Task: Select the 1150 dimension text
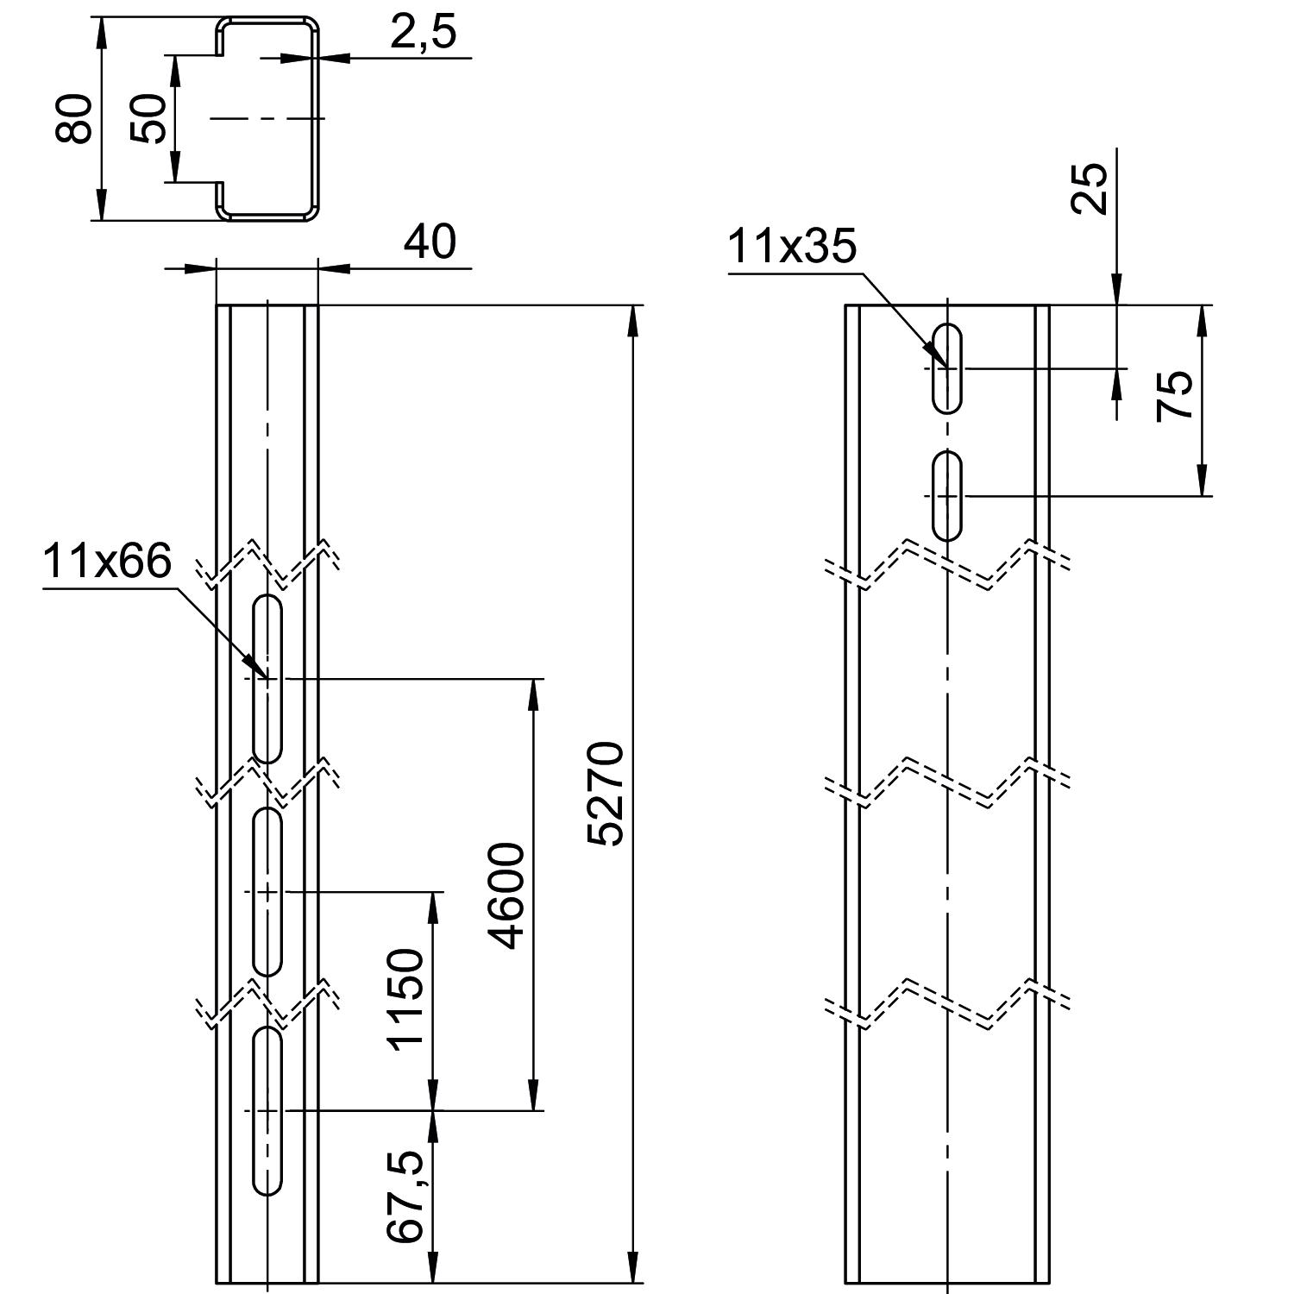(406, 999)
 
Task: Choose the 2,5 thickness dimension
(423, 32)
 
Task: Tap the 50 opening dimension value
(148, 118)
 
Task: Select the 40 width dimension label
(430, 242)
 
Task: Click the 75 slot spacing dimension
(1175, 395)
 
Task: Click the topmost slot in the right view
(948, 368)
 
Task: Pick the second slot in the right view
(948, 495)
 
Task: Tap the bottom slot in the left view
(268, 1111)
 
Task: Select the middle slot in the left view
(268, 891)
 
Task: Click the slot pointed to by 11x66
(268, 679)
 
